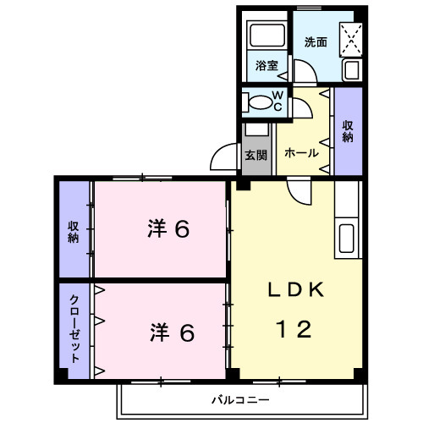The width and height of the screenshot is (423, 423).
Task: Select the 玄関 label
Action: [255, 154]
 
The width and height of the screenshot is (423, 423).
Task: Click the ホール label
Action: [301, 153]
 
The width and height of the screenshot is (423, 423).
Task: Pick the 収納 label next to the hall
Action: [348, 131]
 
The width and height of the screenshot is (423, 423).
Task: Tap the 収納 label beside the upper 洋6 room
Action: [74, 231]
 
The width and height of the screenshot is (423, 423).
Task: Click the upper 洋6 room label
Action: [168, 228]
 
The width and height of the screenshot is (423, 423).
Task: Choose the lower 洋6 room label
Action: [173, 331]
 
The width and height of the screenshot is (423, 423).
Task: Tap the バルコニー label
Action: [241, 398]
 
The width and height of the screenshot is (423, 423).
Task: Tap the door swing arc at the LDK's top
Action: [299, 193]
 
